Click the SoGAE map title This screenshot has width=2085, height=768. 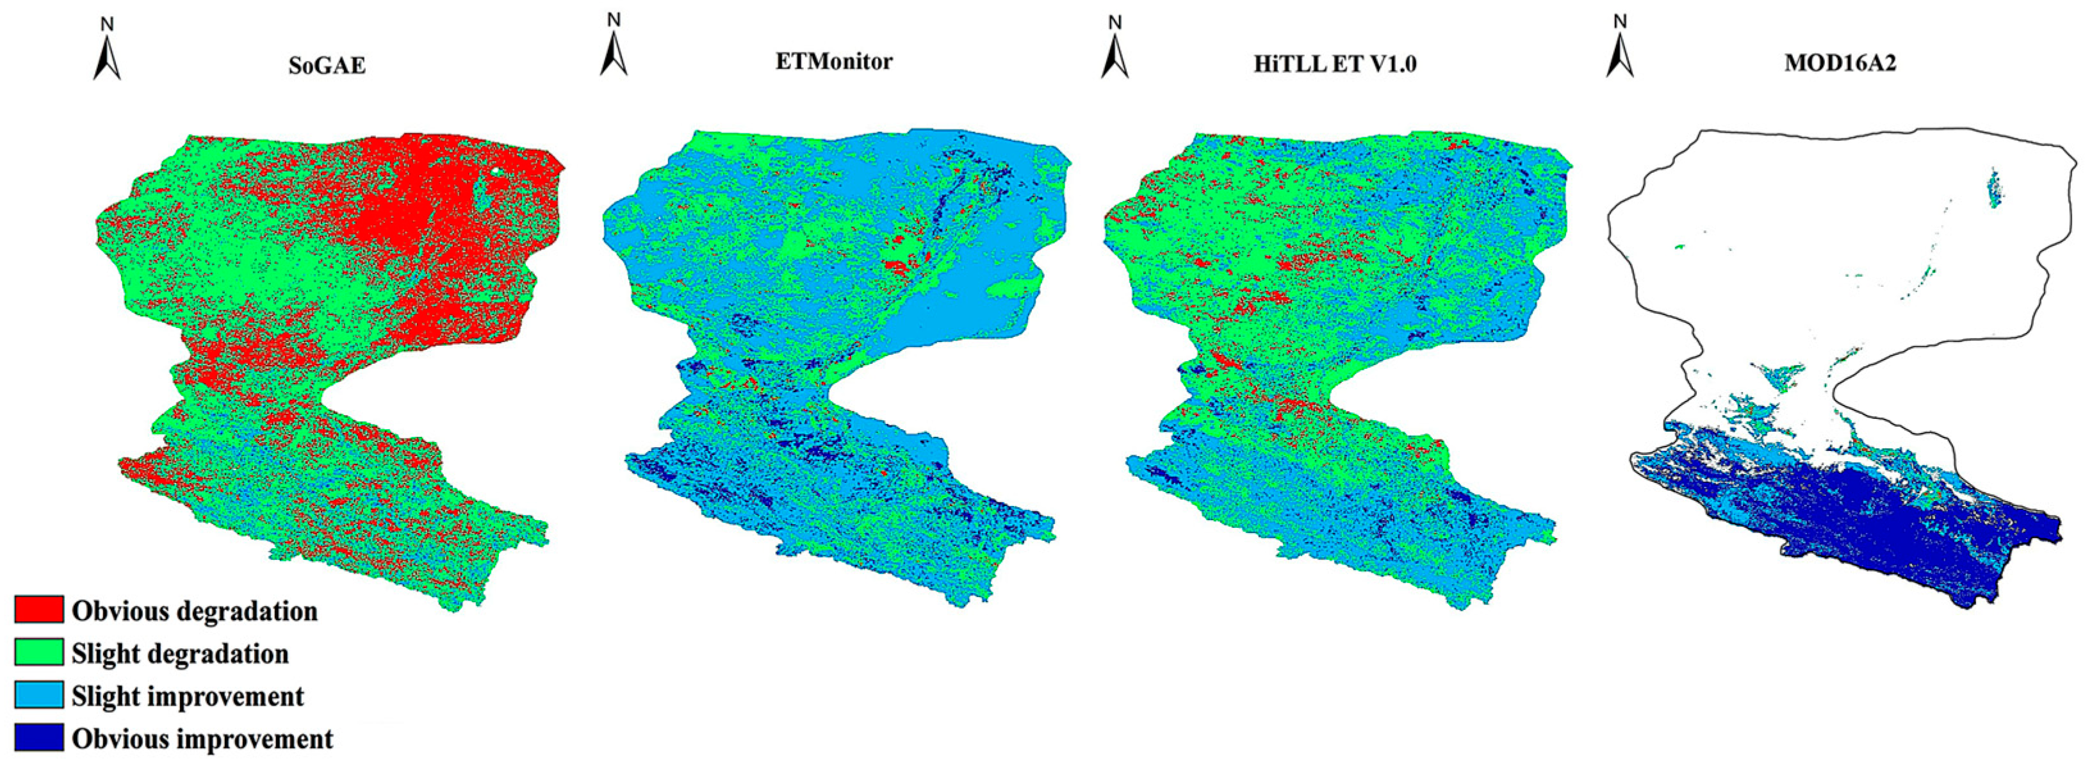coord(327,65)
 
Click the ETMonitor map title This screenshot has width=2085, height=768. coord(833,61)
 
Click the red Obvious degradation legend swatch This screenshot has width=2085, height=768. coord(39,609)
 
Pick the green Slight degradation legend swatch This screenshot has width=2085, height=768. coord(39,652)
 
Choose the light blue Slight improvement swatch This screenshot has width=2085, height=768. coord(39,695)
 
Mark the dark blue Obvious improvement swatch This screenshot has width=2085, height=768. coord(39,737)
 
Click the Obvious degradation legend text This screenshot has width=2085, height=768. coord(194,611)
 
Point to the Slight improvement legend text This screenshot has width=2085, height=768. coord(188,696)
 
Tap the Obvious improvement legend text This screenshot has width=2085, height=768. coord(202,739)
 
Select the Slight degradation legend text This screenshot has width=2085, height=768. coord(180,653)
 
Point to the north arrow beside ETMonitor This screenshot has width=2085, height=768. coord(614,55)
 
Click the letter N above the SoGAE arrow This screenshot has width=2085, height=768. coord(107,24)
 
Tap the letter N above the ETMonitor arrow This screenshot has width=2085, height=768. coord(614,19)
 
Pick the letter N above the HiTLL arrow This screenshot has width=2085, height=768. coord(1115,22)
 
